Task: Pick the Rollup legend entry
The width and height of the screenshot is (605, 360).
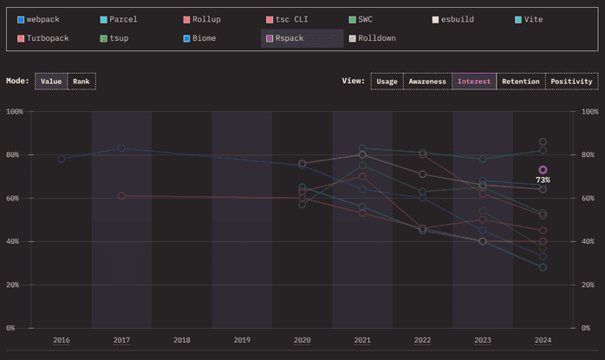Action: point(205,19)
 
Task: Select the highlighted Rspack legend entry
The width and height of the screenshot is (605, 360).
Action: point(289,38)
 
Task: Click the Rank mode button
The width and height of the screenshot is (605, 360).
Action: point(81,82)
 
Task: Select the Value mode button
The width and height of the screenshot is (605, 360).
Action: point(51,82)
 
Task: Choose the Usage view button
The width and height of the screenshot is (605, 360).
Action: point(387,82)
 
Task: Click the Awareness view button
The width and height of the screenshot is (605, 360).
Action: point(428,82)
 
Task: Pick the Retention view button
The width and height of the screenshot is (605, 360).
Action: point(520,82)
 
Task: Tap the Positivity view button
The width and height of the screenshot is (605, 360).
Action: point(571,82)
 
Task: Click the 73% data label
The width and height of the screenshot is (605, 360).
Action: point(543,180)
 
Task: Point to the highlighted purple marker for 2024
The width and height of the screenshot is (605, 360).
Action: point(543,170)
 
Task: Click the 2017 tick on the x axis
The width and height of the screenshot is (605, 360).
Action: point(121,341)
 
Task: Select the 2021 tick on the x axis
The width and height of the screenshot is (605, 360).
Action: point(362,341)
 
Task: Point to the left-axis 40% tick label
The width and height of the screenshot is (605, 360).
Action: point(15,241)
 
